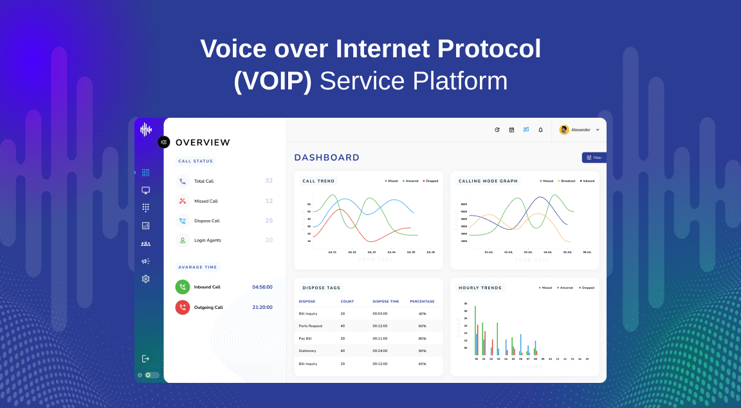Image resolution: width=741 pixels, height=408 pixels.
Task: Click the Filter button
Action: (594, 158)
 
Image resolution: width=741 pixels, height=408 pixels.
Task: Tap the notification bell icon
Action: (540, 130)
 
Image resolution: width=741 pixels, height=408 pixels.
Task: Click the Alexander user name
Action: (580, 130)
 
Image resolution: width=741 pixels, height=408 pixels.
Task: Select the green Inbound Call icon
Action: (183, 287)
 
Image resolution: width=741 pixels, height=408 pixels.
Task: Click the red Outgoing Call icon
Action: (183, 308)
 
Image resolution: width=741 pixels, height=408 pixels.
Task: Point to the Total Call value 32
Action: (269, 181)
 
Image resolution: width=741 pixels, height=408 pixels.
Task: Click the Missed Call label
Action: (206, 201)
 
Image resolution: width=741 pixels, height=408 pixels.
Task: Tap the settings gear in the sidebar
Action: (145, 279)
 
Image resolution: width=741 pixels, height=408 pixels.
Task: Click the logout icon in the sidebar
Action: (145, 358)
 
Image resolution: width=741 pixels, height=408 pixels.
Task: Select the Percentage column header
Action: (422, 301)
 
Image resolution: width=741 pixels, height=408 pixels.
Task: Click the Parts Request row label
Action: (311, 326)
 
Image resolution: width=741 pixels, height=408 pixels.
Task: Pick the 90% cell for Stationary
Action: (422, 351)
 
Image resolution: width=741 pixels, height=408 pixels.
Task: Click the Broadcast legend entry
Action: (567, 181)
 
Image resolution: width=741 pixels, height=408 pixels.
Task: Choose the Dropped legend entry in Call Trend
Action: (431, 181)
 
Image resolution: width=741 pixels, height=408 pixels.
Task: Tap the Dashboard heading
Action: (327, 158)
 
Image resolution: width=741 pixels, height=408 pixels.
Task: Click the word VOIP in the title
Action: (273, 81)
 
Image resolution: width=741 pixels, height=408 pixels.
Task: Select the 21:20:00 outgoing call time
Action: (262, 308)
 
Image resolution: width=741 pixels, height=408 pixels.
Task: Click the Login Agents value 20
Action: (269, 240)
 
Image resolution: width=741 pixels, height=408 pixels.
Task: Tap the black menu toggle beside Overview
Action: (164, 142)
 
